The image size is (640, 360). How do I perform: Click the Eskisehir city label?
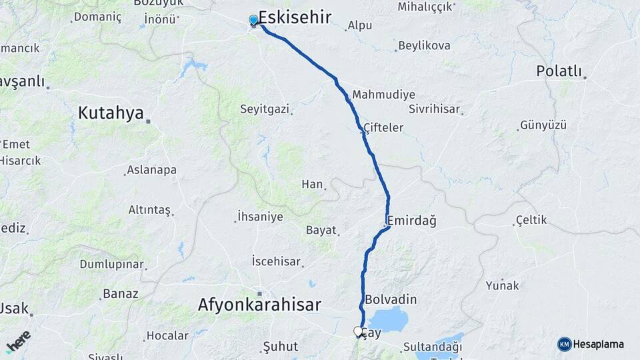(x=294, y=18)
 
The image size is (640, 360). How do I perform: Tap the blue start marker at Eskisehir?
(x=254, y=20)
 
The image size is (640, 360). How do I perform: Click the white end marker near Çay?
(x=358, y=331)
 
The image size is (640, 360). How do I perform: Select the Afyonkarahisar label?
(x=259, y=305)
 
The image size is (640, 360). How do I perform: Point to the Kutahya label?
(x=111, y=113)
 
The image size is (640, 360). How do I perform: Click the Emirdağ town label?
(x=411, y=221)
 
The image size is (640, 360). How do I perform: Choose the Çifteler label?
(x=383, y=127)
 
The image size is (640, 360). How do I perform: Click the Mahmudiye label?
(x=384, y=95)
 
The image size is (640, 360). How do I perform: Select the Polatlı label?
(x=559, y=71)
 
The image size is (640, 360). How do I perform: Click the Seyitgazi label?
(x=265, y=108)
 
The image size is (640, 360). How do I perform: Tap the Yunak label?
(x=502, y=285)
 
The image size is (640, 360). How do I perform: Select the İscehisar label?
(x=276, y=261)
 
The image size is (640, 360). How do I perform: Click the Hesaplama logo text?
(x=598, y=344)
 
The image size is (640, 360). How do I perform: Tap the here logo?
(x=19, y=341)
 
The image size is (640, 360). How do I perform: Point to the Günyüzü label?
(x=543, y=125)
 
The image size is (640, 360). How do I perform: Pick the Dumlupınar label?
(x=111, y=264)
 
